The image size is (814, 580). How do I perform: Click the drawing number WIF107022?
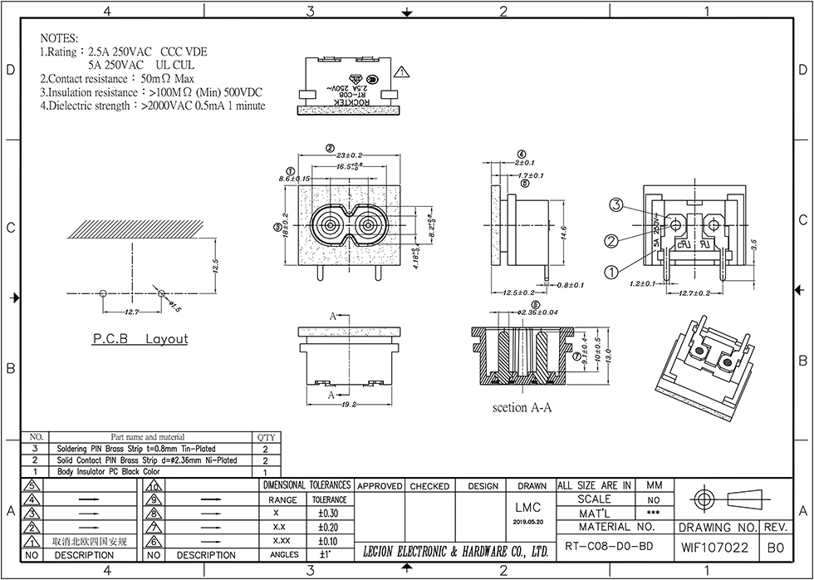(x=715, y=548)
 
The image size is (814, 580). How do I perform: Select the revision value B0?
(x=775, y=548)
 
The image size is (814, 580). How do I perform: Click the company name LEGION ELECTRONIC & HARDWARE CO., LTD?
(x=456, y=551)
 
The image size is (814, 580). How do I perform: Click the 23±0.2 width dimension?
(x=350, y=155)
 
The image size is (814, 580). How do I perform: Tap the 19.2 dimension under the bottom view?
(x=349, y=405)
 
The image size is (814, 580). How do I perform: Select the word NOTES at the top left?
(x=58, y=39)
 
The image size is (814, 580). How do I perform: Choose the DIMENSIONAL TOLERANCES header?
(x=306, y=485)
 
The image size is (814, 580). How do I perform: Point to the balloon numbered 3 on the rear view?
(x=616, y=204)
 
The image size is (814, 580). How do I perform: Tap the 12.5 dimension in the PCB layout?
(x=213, y=268)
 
